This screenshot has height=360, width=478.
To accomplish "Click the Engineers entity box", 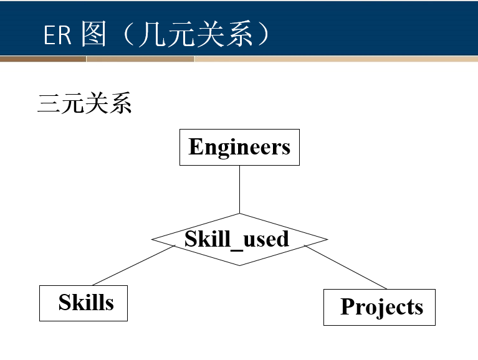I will point(239,147).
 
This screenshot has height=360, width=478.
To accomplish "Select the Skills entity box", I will point(84,303).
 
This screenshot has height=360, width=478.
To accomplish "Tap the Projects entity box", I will point(379,307).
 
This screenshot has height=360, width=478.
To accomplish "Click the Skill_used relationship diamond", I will point(239,240).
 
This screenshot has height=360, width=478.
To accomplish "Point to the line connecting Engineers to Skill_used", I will point(239,189).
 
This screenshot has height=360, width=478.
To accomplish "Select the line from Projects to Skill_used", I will point(346,268).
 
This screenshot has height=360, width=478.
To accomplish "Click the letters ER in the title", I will point(57,36).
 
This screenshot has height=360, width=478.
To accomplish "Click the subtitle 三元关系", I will point(85,103).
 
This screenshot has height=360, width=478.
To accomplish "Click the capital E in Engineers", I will point(195,147).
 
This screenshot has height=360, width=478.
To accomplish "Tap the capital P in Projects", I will point(347,306).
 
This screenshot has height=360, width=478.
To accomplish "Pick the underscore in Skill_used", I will point(235,247).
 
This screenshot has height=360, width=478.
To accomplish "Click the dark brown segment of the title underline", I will point(43,59).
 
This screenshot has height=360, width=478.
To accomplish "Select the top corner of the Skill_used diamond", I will point(239,214).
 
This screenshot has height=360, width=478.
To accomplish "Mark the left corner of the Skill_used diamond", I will point(153,240).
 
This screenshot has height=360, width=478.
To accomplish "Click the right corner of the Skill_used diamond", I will point(327,240).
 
